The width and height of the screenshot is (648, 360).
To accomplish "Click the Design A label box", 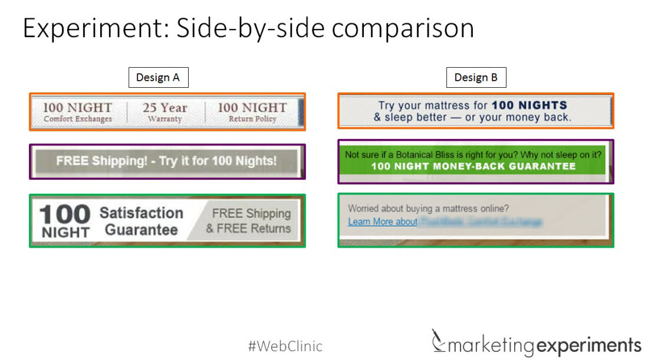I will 157,78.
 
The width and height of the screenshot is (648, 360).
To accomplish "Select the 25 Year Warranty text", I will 166,112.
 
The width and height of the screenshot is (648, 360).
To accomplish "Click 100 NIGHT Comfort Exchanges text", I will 77,112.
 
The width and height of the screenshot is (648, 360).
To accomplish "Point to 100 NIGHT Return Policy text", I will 252,112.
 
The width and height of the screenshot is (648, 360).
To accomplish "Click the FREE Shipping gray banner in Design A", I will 166,161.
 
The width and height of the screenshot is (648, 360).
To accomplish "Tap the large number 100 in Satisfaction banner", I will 65,214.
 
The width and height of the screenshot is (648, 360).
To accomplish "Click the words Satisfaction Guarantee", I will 142,221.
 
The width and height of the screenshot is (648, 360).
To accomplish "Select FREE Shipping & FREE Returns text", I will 249,221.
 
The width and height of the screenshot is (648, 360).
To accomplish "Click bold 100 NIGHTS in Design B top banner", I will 529,105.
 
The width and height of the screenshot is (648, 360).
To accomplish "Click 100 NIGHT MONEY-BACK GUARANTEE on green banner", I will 473,167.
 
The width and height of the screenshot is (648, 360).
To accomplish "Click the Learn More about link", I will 382,222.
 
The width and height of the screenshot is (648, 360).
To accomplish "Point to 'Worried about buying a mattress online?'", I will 428,208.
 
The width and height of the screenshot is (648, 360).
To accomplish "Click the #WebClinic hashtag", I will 285,346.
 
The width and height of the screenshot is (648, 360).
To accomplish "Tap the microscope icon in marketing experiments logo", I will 438,340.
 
